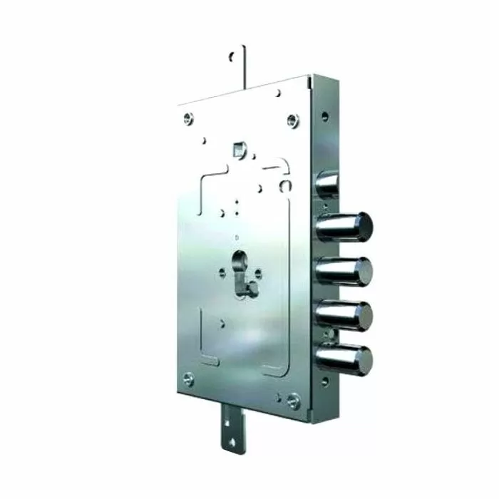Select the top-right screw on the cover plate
tap(292, 119)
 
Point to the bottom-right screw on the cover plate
tap(292, 403)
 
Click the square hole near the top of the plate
tap(237, 150)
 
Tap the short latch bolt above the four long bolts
tap(326, 185)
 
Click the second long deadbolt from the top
tap(344, 272)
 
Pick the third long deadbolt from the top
tap(344, 314)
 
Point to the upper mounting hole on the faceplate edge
tap(325, 115)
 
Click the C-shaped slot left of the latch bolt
tap(285, 185)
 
